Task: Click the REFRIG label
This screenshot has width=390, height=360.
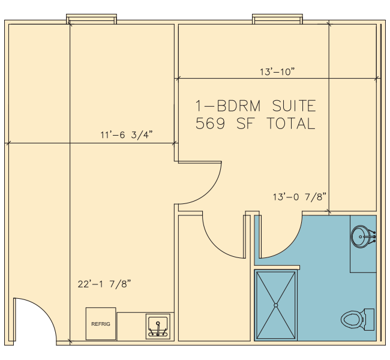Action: pos(100,324)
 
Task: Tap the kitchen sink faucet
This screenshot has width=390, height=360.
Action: pos(158,329)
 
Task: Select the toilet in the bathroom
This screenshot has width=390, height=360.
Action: pos(358,320)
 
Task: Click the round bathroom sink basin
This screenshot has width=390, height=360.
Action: pos(360,236)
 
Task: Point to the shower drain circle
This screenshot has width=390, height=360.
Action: pos(275,305)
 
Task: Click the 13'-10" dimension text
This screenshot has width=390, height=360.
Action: pos(277,72)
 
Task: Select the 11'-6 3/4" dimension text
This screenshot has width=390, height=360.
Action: pos(127,135)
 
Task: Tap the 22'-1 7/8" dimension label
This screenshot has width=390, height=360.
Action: pos(104,284)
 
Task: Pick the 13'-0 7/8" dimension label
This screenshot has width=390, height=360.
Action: pos(299,197)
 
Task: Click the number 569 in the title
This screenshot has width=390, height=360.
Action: pos(210,124)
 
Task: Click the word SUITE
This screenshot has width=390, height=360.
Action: pos(294,106)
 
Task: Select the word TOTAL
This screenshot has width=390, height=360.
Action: pos(291,124)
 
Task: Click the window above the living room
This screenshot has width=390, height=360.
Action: pos(92,19)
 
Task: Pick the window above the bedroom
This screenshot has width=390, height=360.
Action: pos(277,19)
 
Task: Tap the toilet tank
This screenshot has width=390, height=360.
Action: pos(369,320)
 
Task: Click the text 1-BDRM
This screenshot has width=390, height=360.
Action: pos(228,106)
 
